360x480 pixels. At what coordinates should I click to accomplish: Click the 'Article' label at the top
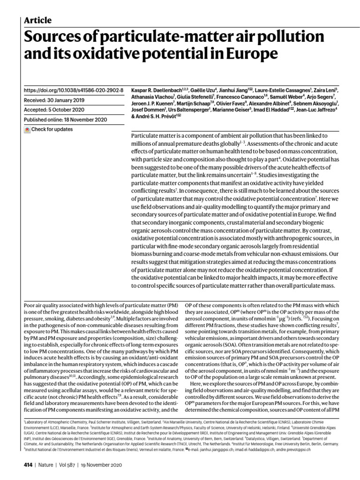[x=37, y=20]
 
